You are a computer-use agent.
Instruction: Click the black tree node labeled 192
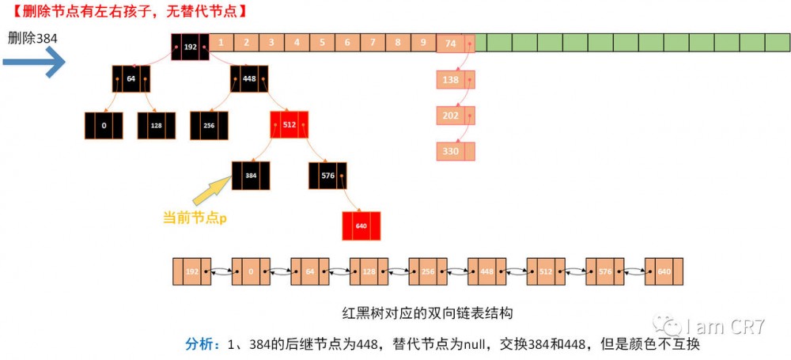click(190, 46)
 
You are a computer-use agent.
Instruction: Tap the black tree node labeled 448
click(250, 79)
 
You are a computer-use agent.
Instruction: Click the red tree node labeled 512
click(289, 125)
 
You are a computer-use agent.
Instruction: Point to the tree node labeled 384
click(251, 176)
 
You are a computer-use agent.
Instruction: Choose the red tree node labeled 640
click(361, 225)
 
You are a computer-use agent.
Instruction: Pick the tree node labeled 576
click(327, 176)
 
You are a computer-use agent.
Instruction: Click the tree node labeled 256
click(209, 125)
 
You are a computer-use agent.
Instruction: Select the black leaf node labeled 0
click(104, 125)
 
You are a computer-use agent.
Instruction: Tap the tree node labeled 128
click(156, 125)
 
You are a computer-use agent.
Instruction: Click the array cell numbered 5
click(322, 43)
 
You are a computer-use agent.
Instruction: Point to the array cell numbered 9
click(423, 43)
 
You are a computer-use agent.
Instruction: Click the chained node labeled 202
click(455, 115)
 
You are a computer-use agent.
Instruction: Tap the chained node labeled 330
click(455, 151)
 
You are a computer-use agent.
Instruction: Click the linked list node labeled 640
click(663, 271)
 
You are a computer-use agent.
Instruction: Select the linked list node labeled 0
click(251, 271)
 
